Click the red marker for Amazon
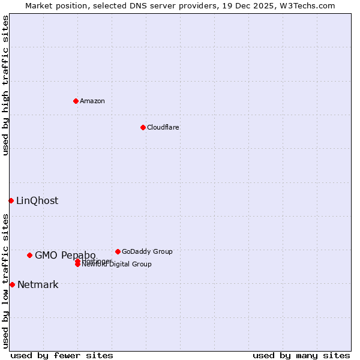coord(76,101)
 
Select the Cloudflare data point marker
coord(143,127)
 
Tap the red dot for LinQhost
coord(11,200)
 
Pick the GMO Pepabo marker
coord(29,255)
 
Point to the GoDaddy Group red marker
coord(118,251)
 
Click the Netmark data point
coord(12,284)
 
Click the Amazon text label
coord(92,101)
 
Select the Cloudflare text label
coord(163,127)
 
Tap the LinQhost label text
coord(37,201)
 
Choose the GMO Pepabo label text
coord(65,255)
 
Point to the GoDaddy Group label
coord(147,251)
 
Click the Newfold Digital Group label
coord(117,265)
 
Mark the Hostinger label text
coord(96,261)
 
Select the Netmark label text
coord(38,284)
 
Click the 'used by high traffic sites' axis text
coord(6,85)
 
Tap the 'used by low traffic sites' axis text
coord(6,281)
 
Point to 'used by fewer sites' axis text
coord(62,355)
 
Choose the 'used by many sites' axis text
coord(301,355)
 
